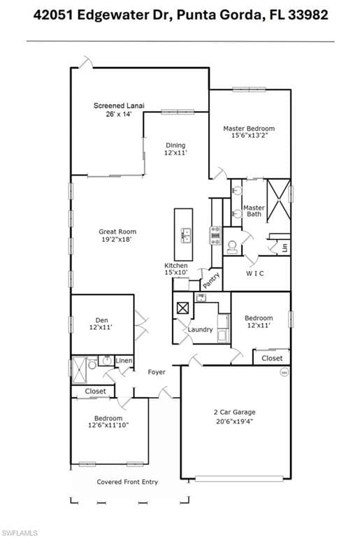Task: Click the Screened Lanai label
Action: [119, 106]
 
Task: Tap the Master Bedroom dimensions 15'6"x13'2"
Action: [249, 135]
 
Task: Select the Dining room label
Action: [175, 145]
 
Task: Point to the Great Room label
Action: [117, 231]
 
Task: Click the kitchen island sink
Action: [185, 235]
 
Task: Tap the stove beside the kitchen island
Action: [216, 235]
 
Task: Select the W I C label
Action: [255, 273]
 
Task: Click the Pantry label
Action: [211, 280]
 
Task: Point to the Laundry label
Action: [200, 329]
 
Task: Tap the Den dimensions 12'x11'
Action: [101, 327]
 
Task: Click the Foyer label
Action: [157, 372]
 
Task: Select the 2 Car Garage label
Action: [235, 412]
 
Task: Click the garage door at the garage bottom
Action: [239, 478]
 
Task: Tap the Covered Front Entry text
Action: [127, 482]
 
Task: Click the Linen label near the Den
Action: [124, 361]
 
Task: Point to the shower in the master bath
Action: [278, 200]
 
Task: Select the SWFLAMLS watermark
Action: [19, 533]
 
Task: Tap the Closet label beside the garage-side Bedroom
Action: [272, 358]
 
